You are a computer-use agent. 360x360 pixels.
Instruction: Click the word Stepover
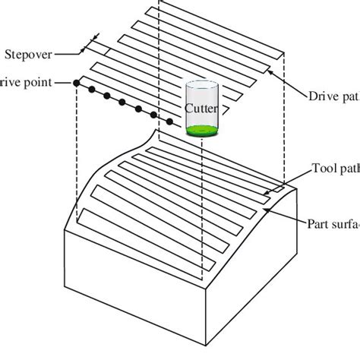[28, 54]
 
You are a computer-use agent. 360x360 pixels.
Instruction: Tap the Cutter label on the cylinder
[201, 109]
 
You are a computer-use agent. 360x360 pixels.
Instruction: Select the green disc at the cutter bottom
[201, 130]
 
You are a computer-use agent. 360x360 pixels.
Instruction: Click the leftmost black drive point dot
[77, 82]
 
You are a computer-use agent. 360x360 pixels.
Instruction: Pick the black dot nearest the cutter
[170, 122]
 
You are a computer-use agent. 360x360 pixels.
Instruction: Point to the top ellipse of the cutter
[201, 81]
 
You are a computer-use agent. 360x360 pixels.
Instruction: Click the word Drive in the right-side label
[323, 96]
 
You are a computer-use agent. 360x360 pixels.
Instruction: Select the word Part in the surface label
[318, 224]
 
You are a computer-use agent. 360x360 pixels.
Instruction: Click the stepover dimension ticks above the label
[96, 37]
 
